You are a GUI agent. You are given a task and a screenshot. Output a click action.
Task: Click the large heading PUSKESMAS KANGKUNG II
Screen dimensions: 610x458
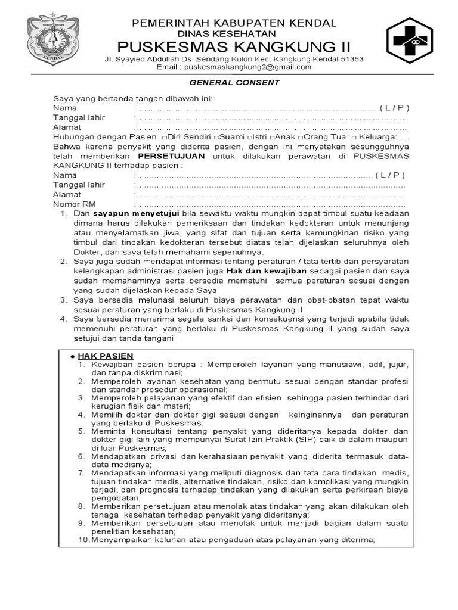coord(234,46)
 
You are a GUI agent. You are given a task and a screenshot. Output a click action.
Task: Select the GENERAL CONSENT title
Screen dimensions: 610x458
coord(234,83)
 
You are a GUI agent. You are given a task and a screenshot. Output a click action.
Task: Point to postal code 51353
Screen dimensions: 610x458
coord(351,59)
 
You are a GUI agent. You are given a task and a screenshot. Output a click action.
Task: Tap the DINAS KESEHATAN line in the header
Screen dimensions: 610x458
coord(234,34)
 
